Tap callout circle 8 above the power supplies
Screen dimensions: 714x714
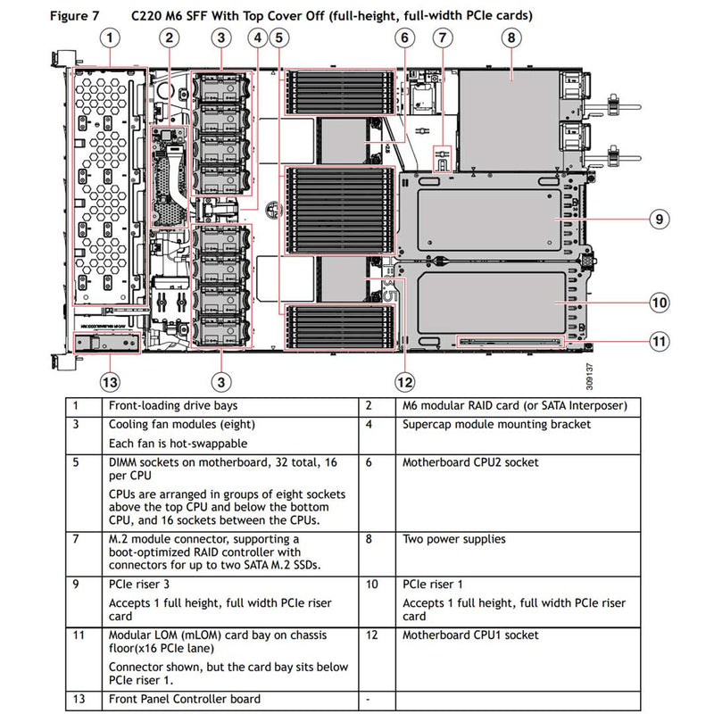[510, 37]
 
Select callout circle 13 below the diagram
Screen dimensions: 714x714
[109, 382]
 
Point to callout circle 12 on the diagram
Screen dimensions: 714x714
[405, 382]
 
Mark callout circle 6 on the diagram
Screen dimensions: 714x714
[404, 37]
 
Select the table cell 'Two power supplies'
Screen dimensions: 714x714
[453, 539]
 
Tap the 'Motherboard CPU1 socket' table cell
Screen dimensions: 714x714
[470, 635]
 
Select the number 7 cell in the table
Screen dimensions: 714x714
[77, 539]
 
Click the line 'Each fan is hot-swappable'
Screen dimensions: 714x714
[178, 444]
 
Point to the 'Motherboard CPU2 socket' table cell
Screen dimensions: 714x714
[470, 462]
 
